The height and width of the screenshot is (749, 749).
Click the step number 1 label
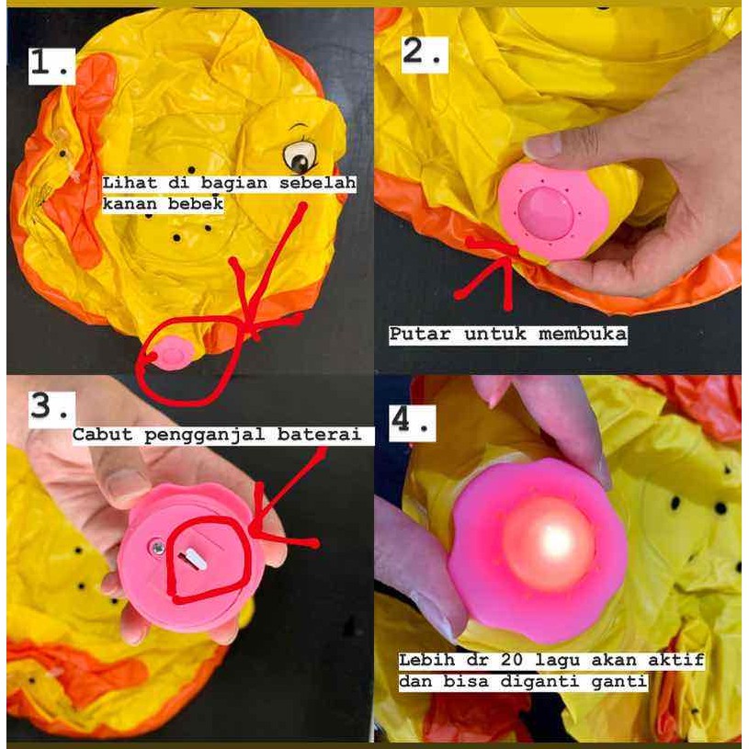51,66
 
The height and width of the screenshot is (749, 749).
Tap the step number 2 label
425,54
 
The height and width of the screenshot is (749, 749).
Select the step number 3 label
52,409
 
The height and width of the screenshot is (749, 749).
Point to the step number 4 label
413,424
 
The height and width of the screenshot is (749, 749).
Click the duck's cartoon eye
300,156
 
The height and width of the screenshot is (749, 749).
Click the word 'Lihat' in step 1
130,183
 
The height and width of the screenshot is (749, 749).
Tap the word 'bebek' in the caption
196,204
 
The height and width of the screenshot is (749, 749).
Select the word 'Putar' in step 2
420,334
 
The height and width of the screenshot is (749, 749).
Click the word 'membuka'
583,334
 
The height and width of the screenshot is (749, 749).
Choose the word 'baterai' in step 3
319,436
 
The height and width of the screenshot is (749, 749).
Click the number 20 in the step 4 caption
513,661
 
